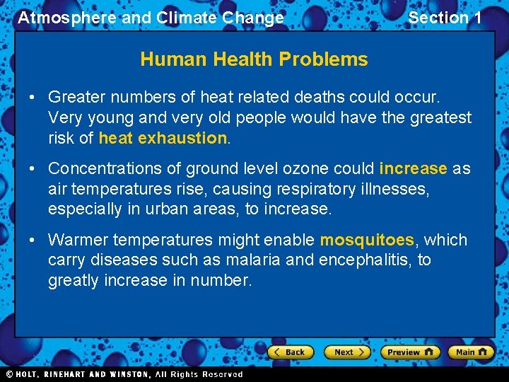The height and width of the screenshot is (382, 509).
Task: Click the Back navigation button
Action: (289, 352)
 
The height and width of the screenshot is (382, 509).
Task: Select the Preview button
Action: (409, 352)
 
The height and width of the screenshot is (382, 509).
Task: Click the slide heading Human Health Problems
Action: (254, 59)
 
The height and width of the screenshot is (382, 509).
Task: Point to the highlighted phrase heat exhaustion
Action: (163, 138)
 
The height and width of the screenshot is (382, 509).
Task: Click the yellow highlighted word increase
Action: (413, 168)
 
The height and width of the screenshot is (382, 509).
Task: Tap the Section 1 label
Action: (445, 18)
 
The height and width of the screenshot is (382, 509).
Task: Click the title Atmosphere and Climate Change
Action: (151, 18)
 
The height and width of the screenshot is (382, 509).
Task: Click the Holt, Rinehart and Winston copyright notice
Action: (124, 374)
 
